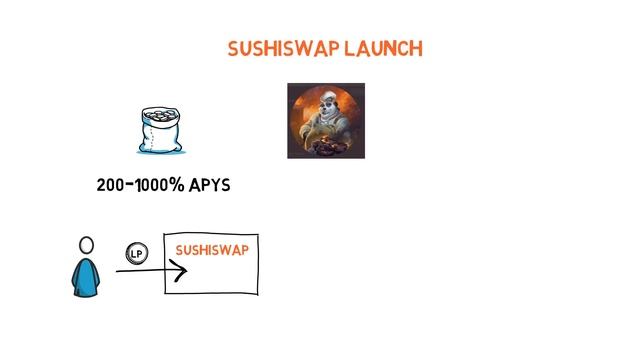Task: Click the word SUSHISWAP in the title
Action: click(x=283, y=49)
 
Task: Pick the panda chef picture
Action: click(x=326, y=121)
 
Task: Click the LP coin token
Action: click(x=136, y=254)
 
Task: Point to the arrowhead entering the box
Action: click(x=181, y=270)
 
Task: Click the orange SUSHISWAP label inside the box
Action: click(x=212, y=250)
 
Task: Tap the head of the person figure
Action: click(x=87, y=245)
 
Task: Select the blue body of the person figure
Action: click(x=87, y=276)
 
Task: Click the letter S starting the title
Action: click(x=234, y=49)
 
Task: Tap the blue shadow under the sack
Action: click(x=163, y=151)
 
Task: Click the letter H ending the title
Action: click(x=415, y=49)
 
